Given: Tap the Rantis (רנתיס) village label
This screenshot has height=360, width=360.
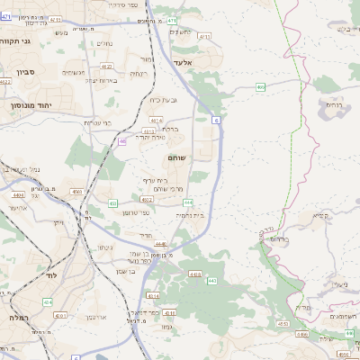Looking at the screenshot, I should click(x=333, y=103).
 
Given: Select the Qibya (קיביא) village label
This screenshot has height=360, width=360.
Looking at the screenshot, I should click(x=320, y=216).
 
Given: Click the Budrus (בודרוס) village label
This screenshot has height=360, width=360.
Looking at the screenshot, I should click(x=278, y=239).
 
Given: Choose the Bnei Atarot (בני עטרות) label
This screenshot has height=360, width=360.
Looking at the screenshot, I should click(x=96, y=122).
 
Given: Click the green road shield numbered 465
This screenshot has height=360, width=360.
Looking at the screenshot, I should click(x=260, y=87).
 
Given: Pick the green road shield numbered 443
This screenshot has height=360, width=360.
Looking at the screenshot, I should click(x=211, y=282).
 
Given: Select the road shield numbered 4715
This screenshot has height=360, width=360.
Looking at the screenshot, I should click(x=204, y=37).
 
